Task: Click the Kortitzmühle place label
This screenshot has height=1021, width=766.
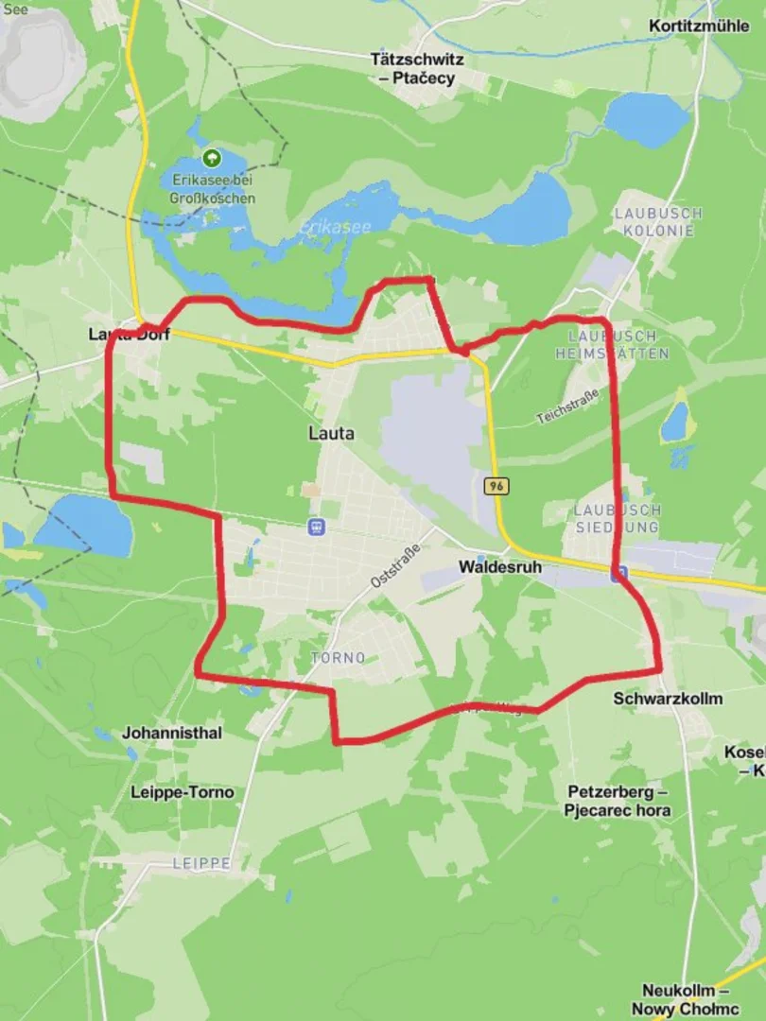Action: (699, 26)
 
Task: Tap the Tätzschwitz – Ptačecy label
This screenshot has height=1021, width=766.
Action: (417, 69)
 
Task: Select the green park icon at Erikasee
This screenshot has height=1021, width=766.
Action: (212, 158)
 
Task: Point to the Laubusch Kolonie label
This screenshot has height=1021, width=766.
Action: (658, 221)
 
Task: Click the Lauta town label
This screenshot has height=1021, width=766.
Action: (331, 434)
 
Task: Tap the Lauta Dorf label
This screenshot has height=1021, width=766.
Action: (129, 334)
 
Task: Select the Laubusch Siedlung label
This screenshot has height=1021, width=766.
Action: (618, 517)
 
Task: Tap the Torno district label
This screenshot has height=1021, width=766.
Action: (338, 657)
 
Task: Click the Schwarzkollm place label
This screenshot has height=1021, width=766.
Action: (668, 699)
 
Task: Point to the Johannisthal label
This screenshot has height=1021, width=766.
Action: (172, 733)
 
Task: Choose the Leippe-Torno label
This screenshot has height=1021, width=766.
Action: (183, 792)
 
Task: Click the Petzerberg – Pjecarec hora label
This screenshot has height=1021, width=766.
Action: (618, 801)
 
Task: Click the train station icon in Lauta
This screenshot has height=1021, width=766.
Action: (317, 527)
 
